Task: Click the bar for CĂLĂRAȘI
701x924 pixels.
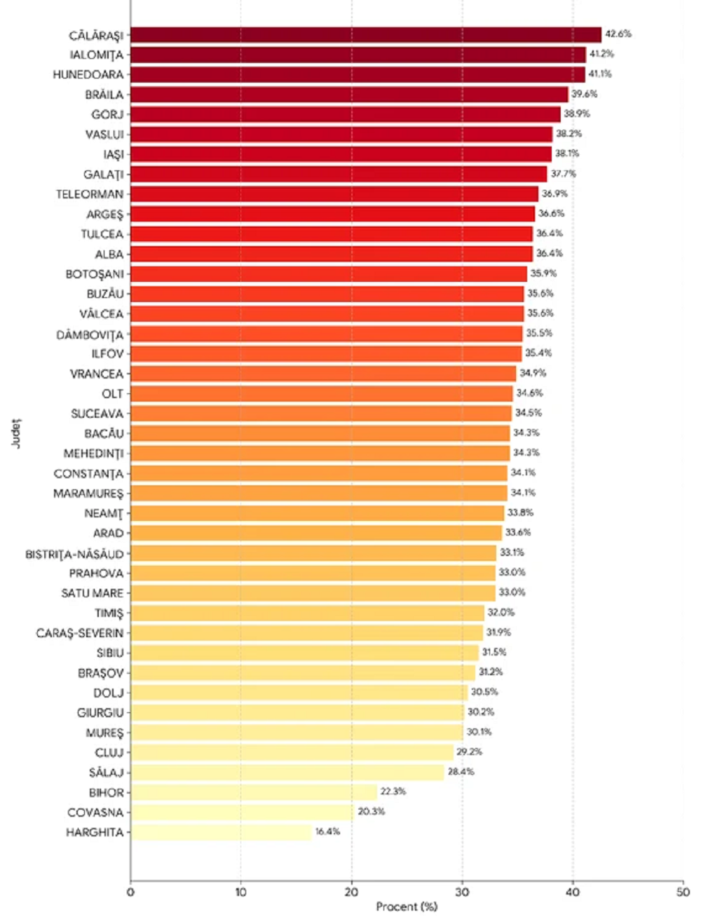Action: [365, 34]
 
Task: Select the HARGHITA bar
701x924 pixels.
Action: [221, 832]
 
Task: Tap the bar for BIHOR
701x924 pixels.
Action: [253, 792]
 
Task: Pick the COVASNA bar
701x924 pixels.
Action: [242, 812]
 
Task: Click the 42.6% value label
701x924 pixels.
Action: [618, 34]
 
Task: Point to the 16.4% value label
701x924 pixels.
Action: [327, 831]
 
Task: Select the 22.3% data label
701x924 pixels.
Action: [393, 791]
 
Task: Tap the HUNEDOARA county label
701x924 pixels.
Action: [88, 74]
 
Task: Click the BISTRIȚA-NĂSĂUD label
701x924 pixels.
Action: [74, 554]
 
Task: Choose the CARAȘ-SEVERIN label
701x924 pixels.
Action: [80, 633]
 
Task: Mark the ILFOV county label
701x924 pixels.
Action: [107, 354]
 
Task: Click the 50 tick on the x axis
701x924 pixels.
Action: [683, 892]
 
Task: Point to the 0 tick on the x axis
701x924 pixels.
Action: [130, 892]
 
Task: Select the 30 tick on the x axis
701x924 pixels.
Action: [462, 892]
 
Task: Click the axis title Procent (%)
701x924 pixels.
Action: [407, 906]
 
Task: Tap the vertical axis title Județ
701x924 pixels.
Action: [15, 433]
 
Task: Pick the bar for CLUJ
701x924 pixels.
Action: [292, 752]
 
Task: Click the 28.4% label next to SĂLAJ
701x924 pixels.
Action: [461, 772]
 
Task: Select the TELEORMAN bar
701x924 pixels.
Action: [334, 194]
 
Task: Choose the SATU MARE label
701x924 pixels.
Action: [92, 593]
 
